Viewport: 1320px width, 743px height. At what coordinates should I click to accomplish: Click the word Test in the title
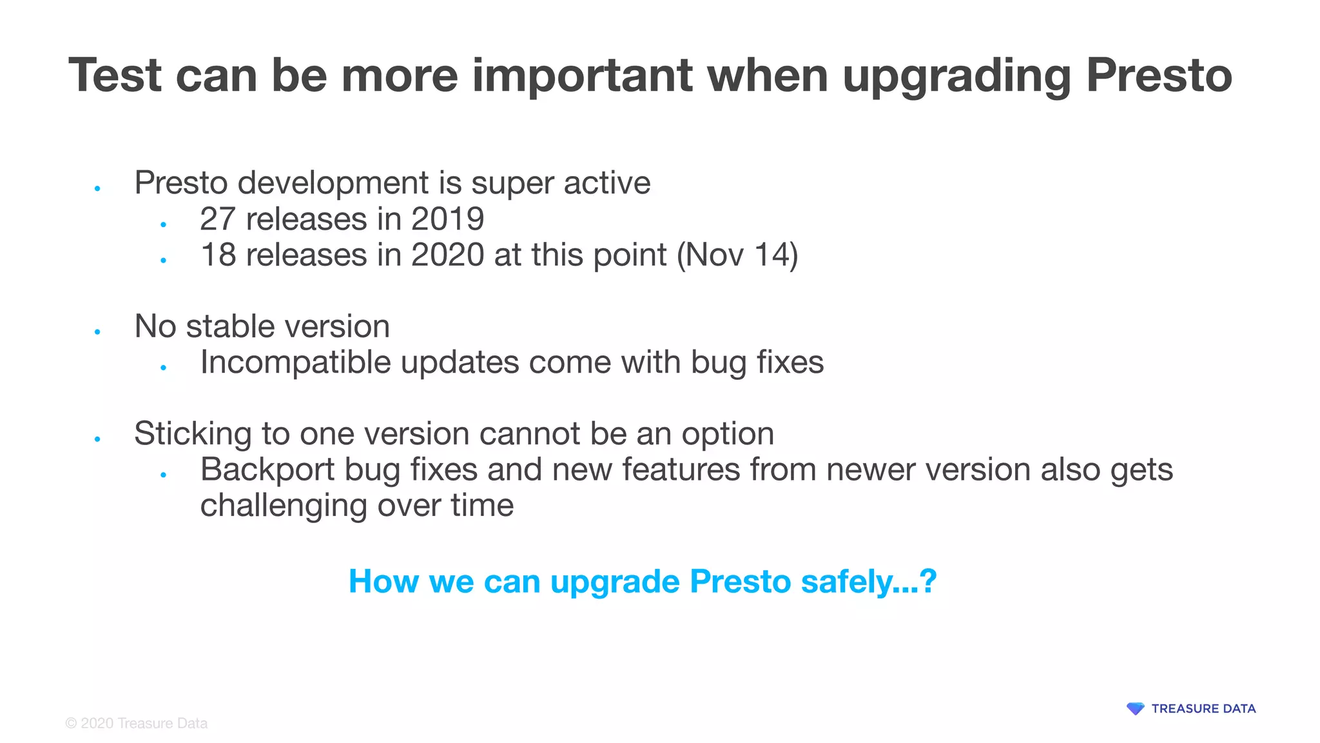(114, 75)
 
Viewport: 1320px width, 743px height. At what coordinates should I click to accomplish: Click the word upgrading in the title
(956, 77)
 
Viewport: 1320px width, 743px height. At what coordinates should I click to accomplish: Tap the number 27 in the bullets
(217, 219)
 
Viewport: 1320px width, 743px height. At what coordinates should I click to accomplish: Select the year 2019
(447, 219)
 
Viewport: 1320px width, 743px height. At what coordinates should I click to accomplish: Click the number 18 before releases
(218, 255)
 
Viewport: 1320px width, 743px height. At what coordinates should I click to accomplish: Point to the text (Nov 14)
(737, 255)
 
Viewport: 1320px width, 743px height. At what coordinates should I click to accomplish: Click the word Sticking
(192, 434)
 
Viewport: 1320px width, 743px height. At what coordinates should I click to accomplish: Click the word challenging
(284, 506)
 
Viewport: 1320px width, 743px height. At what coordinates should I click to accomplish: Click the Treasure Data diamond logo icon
(1135, 709)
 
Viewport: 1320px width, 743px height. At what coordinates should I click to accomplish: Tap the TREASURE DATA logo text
(1203, 709)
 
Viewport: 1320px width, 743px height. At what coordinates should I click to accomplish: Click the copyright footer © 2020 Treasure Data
(137, 724)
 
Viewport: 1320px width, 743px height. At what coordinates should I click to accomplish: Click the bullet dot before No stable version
(97, 332)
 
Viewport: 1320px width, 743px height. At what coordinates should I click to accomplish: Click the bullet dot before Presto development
(97, 189)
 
